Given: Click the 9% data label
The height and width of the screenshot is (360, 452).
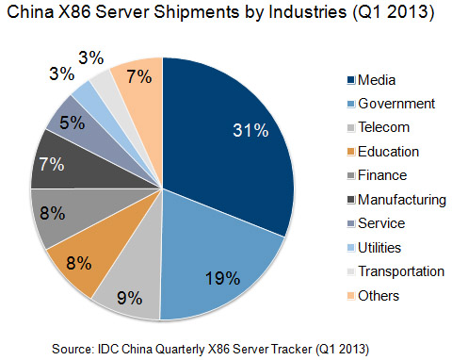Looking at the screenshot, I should [x=129, y=299].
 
